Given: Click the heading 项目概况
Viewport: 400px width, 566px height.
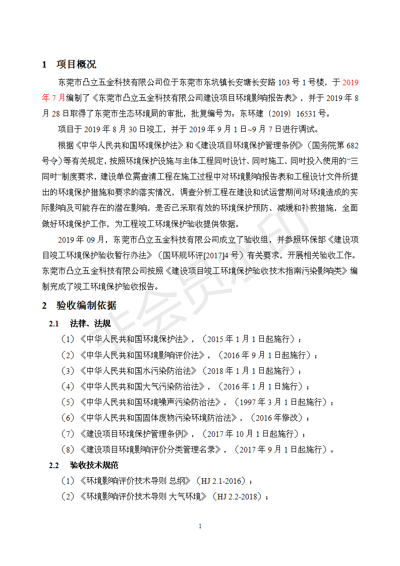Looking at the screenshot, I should click(x=76, y=65).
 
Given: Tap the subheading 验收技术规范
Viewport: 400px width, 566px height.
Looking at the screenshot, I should click(x=94, y=465).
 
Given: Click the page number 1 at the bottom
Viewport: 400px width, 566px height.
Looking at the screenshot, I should click(x=200, y=526).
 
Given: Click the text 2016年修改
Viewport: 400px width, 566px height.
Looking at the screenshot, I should click(x=276, y=418).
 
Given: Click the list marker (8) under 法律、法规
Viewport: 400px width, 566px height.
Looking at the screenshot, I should click(x=68, y=449).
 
